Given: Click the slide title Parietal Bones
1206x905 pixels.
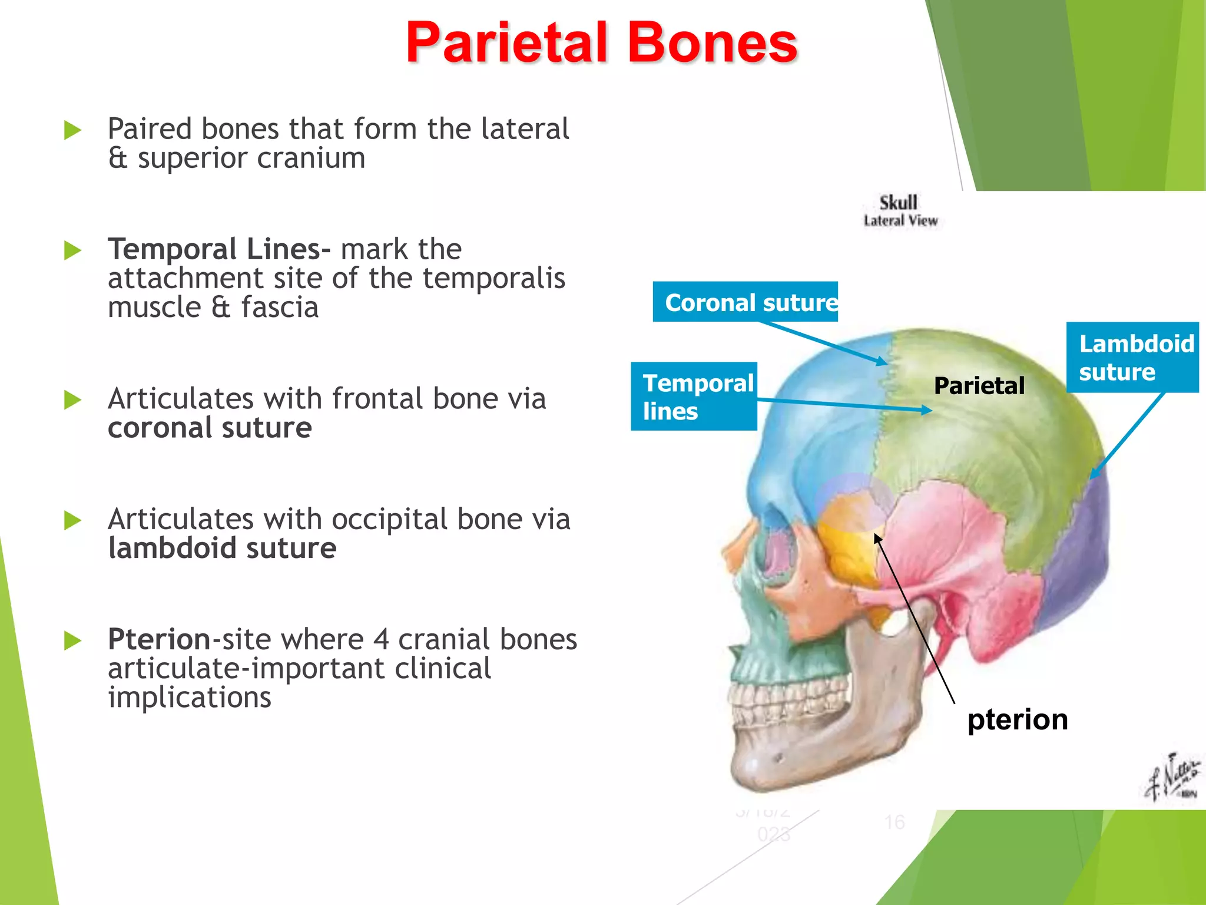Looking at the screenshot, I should pyautogui.click(x=601, y=42).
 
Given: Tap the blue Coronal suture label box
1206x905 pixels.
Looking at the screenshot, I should pyautogui.click(x=745, y=302).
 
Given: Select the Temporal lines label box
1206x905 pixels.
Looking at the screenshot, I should pyautogui.click(x=694, y=397).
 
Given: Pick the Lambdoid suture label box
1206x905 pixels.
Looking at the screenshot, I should pyautogui.click(x=1132, y=358).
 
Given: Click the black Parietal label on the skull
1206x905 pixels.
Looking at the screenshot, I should pyautogui.click(x=979, y=386).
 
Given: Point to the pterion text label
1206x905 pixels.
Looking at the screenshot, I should pyautogui.click(x=1018, y=719).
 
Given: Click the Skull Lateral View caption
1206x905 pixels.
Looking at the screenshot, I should pyautogui.click(x=900, y=211).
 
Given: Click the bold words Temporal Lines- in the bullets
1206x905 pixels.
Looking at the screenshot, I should pyautogui.click(x=218, y=249).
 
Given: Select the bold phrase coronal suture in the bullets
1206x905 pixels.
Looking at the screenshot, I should pyautogui.click(x=210, y=428).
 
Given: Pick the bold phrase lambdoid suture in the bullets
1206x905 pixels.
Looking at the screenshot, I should pyautogui.click(x=222, y=549).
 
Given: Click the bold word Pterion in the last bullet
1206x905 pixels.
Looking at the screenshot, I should pyautogui.click(x=159, y=639).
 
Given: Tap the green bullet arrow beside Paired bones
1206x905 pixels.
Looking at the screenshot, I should pyautogui.click(x=72, y=130).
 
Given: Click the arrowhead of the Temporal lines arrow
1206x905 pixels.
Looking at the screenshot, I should pyautogui.click(x=928, y=410).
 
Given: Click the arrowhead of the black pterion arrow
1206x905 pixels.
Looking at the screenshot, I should pyautogui.click(x=877, y=537).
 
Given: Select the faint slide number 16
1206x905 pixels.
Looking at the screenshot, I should pyautogui.click(x=894, y=822).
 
